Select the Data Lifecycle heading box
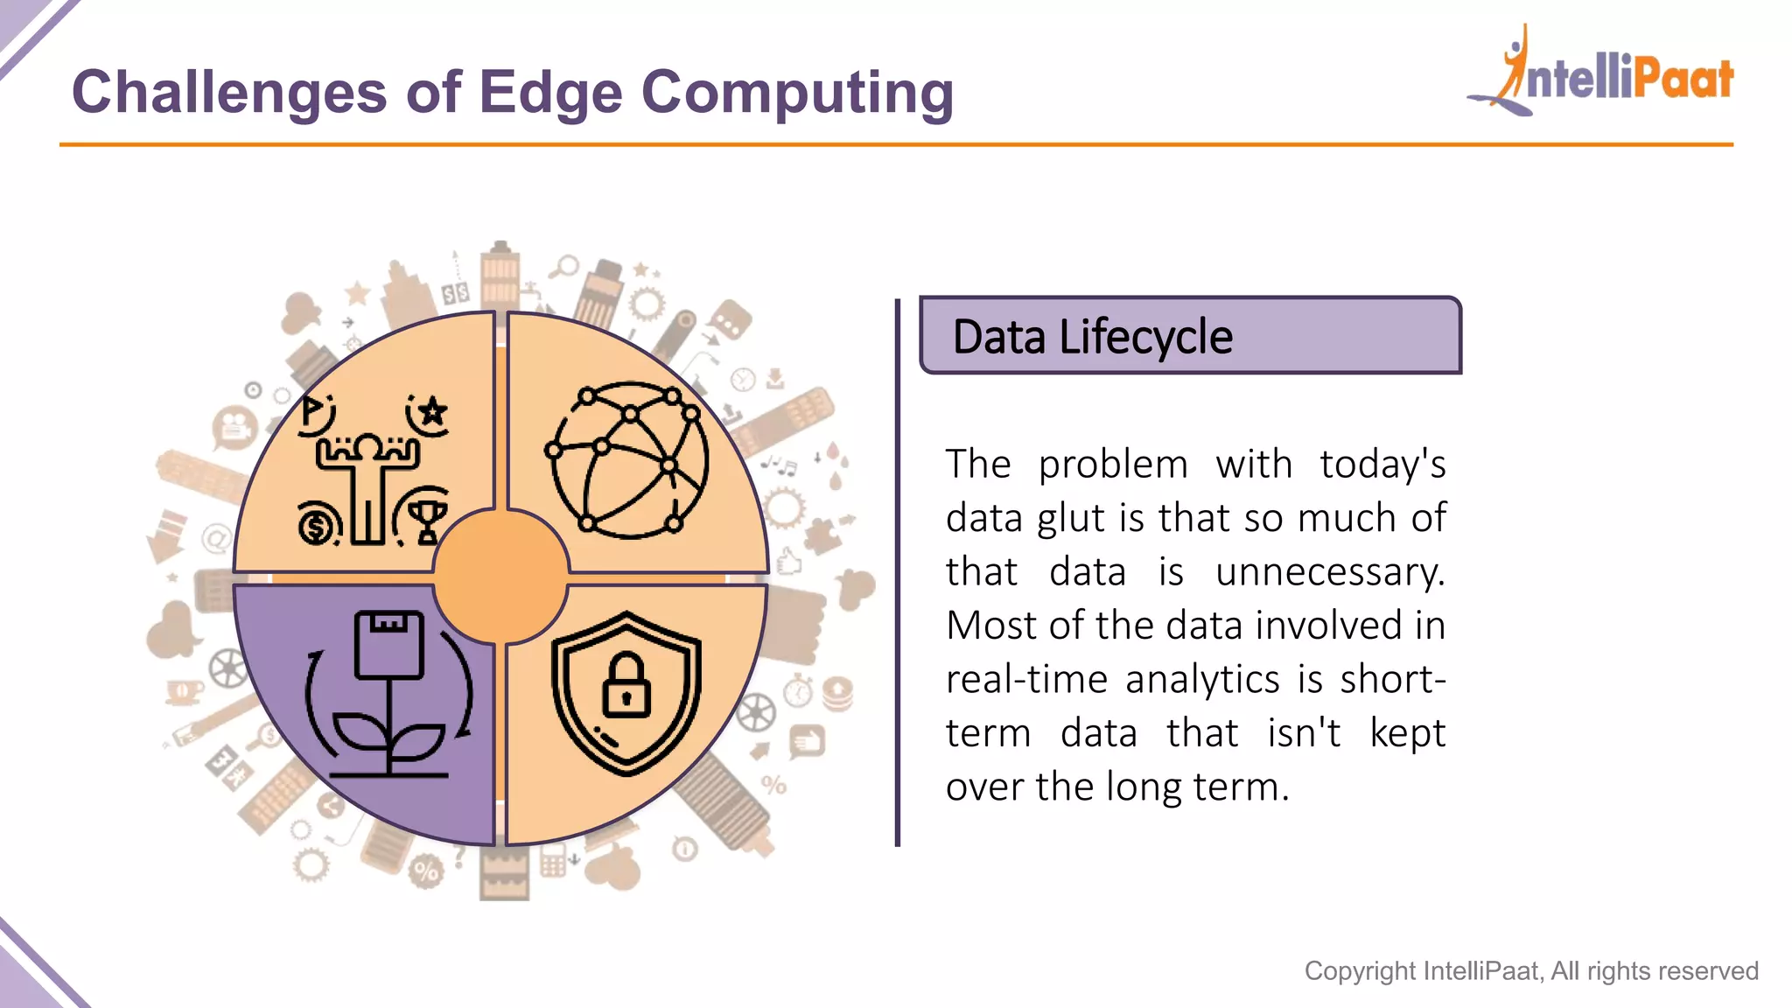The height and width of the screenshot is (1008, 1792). (1190, 336)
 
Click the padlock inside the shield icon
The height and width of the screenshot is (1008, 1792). (626, 686)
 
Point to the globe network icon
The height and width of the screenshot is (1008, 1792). (628, 460)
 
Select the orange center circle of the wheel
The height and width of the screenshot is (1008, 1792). (501, 577)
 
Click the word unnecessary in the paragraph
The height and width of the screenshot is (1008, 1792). (1330, 572)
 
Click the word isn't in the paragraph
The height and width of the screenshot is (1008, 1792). (1304, 733)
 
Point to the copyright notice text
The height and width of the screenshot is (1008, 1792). (1530, 970)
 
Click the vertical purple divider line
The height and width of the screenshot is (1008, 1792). (898, 572)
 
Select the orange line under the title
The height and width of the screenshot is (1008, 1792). (896, 144)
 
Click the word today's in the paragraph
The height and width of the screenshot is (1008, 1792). (1382, 465)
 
